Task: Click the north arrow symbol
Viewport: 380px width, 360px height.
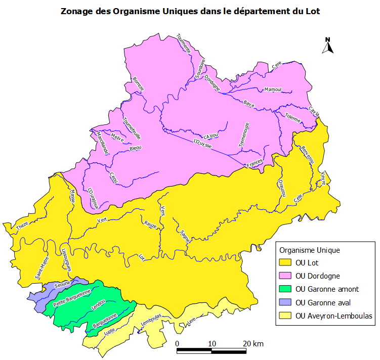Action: pos(328,46)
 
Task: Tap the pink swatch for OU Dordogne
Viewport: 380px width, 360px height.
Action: pos(285,276)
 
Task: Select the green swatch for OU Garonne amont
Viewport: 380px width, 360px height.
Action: pos(285,289)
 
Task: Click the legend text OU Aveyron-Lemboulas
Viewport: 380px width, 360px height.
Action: pos(333,316)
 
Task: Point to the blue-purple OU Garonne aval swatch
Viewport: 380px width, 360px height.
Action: pos(285,302)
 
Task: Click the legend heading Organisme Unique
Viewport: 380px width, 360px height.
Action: pos(310,250)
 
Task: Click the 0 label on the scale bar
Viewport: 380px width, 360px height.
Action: pos(177,344)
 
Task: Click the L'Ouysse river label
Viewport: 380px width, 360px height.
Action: pos(202,144)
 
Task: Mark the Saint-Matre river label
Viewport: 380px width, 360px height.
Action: pos(41,267)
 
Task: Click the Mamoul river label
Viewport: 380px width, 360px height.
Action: pos(273,89)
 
